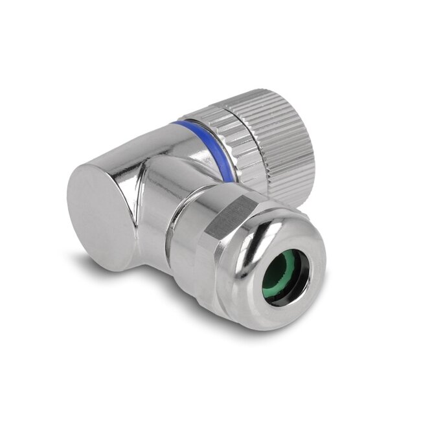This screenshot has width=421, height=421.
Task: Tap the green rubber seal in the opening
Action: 283,271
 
